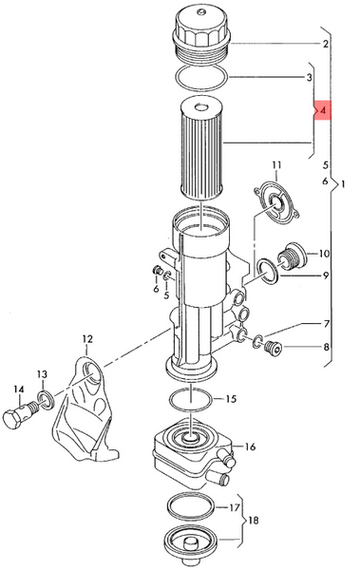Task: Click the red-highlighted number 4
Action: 323,110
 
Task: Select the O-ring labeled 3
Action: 201,78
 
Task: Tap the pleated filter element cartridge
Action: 201,149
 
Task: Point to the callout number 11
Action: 276,165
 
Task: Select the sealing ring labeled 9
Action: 268,271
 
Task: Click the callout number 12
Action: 87,339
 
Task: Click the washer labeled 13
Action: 47,400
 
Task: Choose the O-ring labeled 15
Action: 190,399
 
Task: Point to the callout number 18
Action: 253,521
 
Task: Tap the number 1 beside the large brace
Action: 342,184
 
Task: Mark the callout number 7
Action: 326,324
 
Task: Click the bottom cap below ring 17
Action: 192,544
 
